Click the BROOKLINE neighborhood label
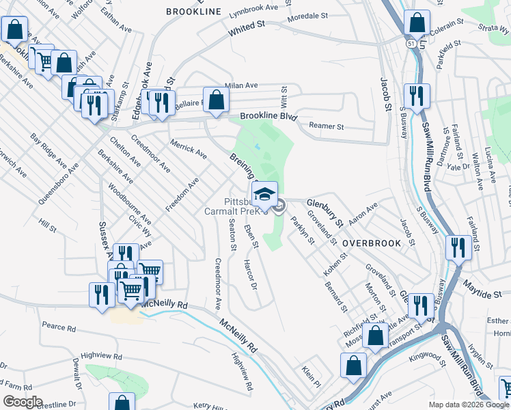194,12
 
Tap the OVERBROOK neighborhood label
369,243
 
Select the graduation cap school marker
264,193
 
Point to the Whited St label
247,29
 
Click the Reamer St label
326,126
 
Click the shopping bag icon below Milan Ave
216,100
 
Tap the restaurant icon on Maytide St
457,247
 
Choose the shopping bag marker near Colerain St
417,23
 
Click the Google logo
22,402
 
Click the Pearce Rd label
59,328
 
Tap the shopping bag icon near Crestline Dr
122,403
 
